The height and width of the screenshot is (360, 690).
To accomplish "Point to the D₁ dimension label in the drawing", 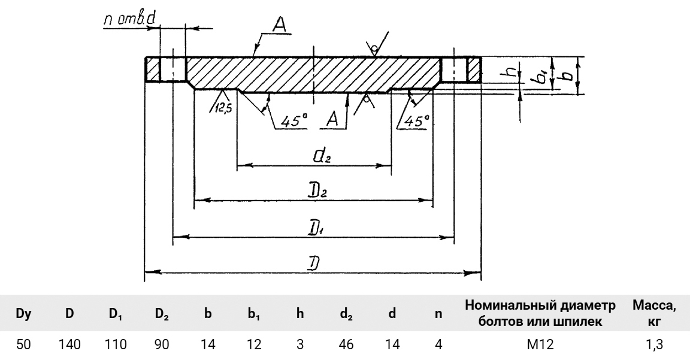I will click(x=314, y=229).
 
